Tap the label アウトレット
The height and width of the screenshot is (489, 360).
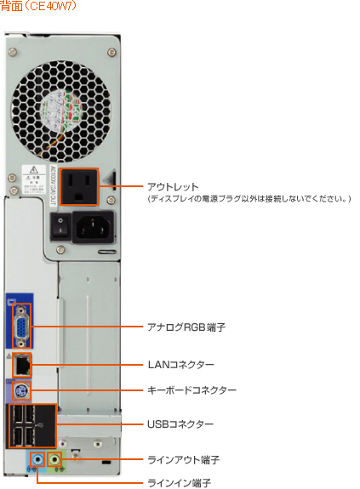coord(173,186)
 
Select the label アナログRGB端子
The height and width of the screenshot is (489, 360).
coord(186,327)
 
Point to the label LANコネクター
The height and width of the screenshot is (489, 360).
coord(180,364)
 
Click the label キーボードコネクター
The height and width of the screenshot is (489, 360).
coord(191,389)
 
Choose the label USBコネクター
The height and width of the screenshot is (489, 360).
coord(180,424)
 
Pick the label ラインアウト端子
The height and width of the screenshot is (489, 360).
coord(184,459)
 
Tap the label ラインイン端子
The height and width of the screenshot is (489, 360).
coord(178,482)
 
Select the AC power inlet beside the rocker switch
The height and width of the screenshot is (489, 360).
coord(94,226)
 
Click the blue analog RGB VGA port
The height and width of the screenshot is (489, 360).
coord(20,326)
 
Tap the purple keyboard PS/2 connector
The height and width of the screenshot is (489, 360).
coord(23,391)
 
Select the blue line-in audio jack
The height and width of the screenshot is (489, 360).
coord(37,460)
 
